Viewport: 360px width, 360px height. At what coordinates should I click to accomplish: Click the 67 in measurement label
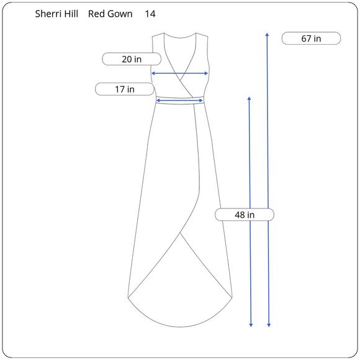pos(311,38)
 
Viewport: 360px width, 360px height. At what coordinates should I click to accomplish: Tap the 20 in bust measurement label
pos(132,59)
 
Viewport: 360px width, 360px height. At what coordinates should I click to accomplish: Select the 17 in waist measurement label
pos(125,89)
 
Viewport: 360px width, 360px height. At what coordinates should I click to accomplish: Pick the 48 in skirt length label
pos(245,215)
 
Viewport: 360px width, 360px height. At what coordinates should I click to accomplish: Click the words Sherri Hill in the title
pos(56,14)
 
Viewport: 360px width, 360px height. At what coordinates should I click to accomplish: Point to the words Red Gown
pos(110,14)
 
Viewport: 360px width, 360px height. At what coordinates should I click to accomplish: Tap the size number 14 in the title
pos(150,14)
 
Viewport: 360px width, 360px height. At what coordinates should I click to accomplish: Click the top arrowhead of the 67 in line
pos(267,34)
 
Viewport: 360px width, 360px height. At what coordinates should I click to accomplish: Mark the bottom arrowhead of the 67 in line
pos(269,325)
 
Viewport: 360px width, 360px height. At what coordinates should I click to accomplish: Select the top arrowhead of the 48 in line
pos(250,98)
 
